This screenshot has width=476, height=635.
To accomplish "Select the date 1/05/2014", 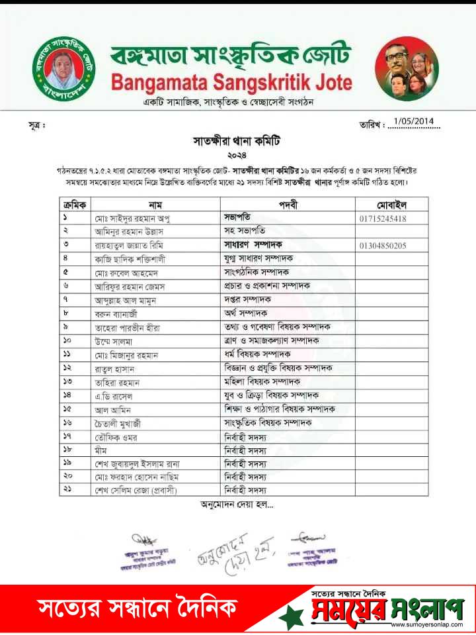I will click(x=412, y=121).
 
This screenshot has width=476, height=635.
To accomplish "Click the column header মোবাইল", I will click(x=391, y=204).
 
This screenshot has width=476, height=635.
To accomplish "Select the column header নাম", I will click(x=156, y=204).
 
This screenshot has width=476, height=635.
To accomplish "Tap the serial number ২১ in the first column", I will click(x=67, y=491).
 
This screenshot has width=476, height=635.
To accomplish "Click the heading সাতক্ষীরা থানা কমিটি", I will click(x=236, y=141).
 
